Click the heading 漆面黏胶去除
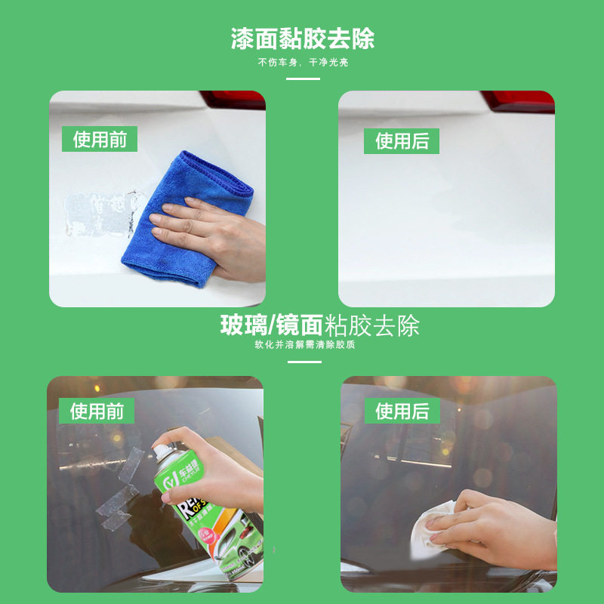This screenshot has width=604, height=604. (302, 39)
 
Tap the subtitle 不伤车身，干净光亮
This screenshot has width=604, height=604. (302, 62)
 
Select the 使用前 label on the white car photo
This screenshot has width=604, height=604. (99, 140)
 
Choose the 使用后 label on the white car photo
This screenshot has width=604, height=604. (402, 141)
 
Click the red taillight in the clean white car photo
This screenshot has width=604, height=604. (519, 100)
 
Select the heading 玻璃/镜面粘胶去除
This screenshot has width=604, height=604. (319, 326)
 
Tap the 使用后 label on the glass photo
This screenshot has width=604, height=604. (402, 411)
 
